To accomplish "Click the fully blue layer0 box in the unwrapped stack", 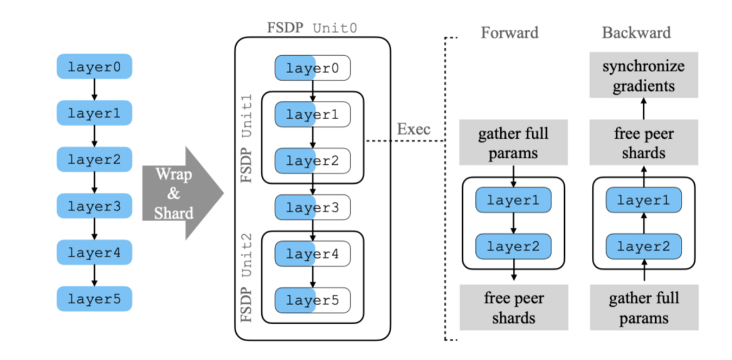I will point(94,67).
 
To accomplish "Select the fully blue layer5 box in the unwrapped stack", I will point(94,299).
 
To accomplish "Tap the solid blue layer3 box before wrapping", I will point(94,206).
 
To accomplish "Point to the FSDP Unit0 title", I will point(312,28).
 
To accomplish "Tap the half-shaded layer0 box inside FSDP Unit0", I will point(313,68).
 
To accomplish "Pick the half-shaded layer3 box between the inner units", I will point(313,207).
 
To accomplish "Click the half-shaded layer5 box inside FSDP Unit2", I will point(313,300).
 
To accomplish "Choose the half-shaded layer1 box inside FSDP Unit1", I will point(313,115).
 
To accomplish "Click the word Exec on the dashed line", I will point(414,129).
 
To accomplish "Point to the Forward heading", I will point(509,32).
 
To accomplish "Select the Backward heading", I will point(636,32).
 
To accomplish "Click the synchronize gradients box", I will point(643,76).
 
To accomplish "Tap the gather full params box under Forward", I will point(513,143).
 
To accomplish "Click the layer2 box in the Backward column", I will point(644,246).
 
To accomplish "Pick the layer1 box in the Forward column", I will point(513,200).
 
